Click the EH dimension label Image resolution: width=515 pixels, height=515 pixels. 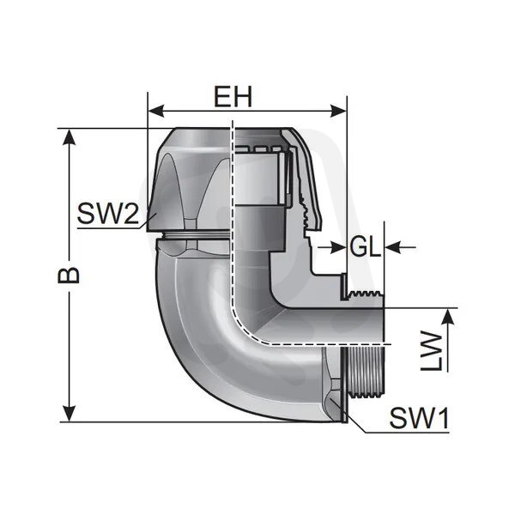[x=233, y=97]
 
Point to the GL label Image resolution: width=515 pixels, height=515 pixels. [x=365, y=247]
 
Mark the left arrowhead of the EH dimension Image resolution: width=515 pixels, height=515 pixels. [x=154, y=110]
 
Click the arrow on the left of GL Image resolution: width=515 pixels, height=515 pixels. [x=324, y=247]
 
